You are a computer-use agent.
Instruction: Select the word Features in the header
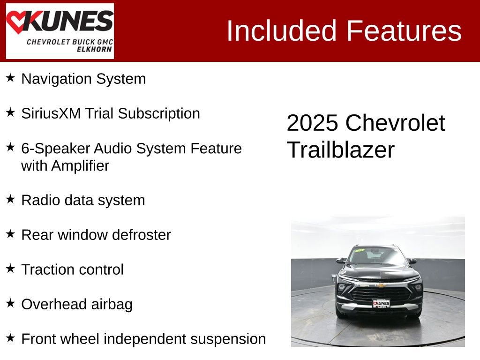pos(404,31)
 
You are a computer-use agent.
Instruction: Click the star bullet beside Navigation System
pos(10,78)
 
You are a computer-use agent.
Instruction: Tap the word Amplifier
pos(80,165)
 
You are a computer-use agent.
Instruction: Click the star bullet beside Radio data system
pos(10,199)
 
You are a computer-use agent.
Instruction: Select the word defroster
pos(141,235)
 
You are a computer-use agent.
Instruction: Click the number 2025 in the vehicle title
pos(312,123)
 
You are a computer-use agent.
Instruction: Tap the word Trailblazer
pos(341,150)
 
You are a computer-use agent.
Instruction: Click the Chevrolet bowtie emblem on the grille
pos(381,285)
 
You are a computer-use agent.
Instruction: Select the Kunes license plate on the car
pos(381,304)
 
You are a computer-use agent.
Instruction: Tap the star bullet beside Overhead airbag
pos(10,303)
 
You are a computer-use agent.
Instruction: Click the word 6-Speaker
pos(55,149)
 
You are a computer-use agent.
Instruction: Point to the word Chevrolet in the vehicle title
pos(395,123)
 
